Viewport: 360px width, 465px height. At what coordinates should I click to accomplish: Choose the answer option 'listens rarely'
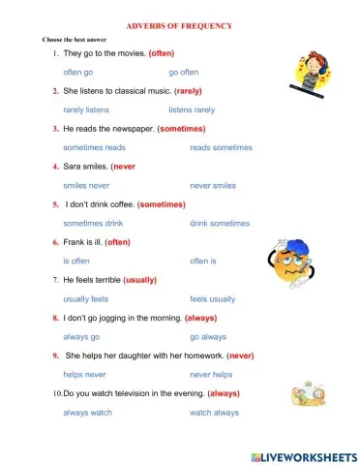click(192, 109)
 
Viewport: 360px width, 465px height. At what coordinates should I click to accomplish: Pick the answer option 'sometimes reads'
click(94, 147)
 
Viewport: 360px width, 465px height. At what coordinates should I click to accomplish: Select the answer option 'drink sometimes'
click(219, 223)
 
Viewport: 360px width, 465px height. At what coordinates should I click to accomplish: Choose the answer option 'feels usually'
click(212, 299)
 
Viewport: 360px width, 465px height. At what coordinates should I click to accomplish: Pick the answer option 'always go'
click(81, 336)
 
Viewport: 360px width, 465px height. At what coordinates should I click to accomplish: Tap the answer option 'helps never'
click(84, 374)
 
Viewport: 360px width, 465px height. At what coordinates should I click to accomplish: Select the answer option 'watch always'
click(214, 413)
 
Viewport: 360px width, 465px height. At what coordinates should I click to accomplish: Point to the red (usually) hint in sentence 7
click(139, 280)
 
